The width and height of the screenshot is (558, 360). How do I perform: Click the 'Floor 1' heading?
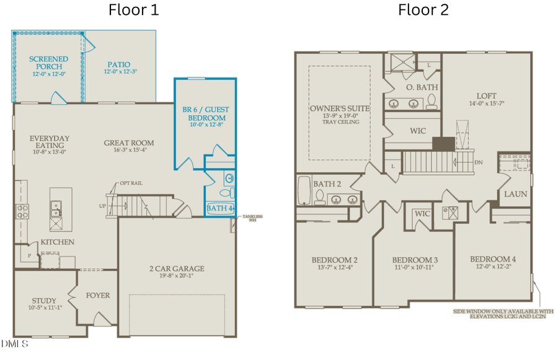(x=133, y=10)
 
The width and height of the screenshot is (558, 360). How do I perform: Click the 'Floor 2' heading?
(x=423, y=10)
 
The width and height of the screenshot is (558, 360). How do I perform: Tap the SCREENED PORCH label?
(x=48, y=63)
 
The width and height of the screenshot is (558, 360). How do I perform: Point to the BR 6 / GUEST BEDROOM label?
(x=205, y=113)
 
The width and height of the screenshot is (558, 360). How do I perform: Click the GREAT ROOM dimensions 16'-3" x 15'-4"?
(x=129, y=151)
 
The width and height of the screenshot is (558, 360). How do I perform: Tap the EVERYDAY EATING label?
(x=49, y=141)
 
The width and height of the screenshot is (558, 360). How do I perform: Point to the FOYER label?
(x=97, y=295)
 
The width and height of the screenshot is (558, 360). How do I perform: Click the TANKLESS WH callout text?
(x=252, y=217)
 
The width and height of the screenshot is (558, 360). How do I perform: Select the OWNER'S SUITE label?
(x=339, y=108)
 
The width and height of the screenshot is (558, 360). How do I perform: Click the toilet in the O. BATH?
(x=433, y=101)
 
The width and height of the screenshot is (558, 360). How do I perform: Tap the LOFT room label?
(x=487, y=95)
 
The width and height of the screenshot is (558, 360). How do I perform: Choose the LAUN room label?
(x=515, y=194)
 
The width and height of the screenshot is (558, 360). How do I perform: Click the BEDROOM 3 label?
(x=415, y=259)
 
